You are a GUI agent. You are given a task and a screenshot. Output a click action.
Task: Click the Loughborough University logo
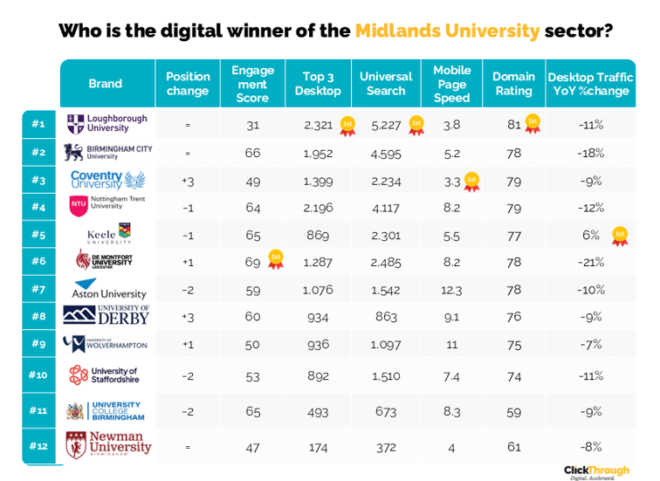click(107, 125)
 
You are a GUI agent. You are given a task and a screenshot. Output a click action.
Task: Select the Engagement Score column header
click(252, 84)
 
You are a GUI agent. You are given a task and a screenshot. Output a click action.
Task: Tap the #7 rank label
click(38, 288)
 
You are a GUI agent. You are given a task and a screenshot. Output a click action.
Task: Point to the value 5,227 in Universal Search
click(386, 125)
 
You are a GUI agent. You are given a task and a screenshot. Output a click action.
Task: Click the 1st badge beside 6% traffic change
click(619, 234)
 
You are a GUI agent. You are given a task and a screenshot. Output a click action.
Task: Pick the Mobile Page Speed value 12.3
click(451, 289)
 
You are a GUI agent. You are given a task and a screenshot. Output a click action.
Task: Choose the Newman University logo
click(107, 444)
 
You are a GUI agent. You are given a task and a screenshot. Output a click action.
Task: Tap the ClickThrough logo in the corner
click(595, 471)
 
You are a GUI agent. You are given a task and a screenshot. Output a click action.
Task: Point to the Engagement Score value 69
click(253, 261)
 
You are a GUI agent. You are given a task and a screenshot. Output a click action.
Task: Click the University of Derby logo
click(107, 315)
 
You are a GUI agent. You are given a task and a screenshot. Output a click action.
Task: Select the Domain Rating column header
click(513, 84)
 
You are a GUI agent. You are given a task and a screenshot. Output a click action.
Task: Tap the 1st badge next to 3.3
click(471, 181)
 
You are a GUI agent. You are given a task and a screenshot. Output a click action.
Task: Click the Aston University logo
click(107, 289)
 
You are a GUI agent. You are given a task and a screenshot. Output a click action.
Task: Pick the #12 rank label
click(38, 446)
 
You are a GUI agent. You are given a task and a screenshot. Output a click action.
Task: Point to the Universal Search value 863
click(386, 316)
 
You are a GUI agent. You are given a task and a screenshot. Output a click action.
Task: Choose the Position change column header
click(188, 84)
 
